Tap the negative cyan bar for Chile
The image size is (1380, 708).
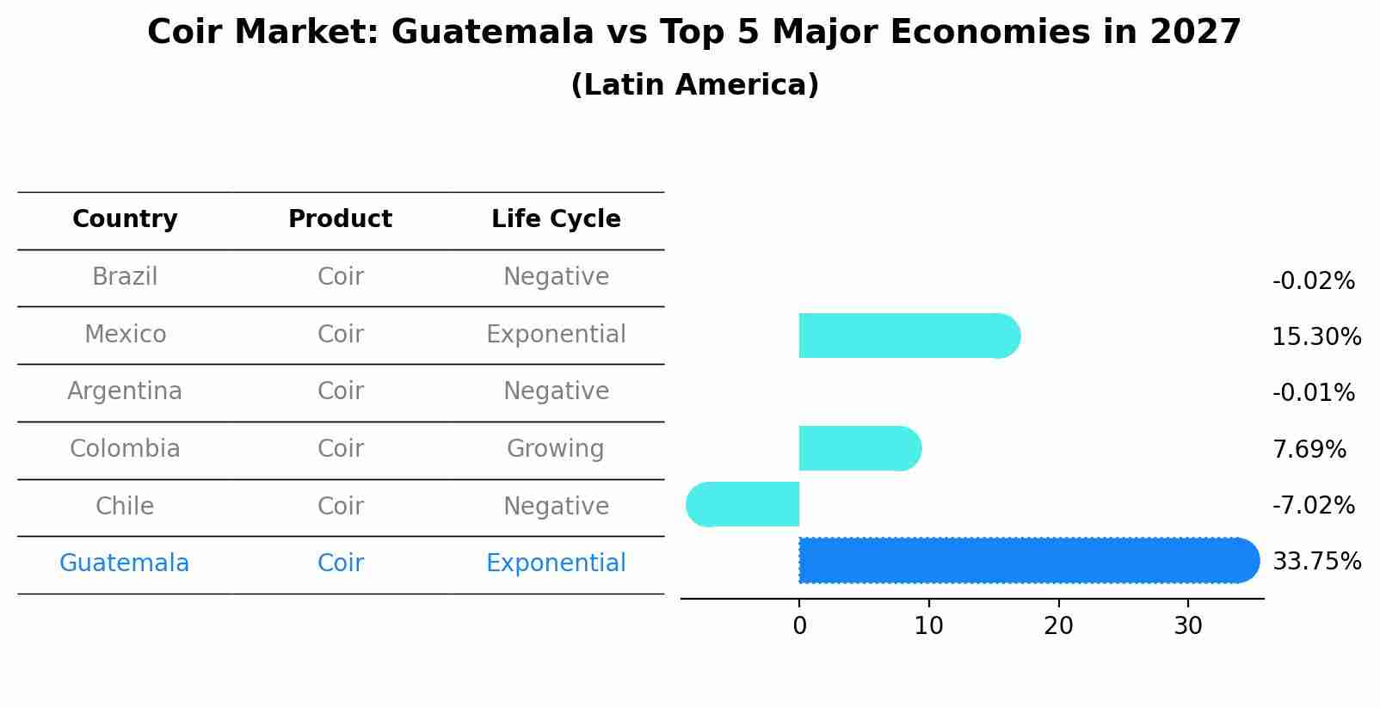pyautogui.click(x=744, y=505)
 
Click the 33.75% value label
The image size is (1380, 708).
pyautogui.click(x=1315, y=562)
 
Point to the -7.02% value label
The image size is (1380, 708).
pyautogui.click(x=1313, y=506)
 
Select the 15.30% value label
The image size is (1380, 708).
pyautogui.click(x=1315, y=337)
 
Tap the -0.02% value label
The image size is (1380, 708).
pyautogui.click(x=1313, y=281)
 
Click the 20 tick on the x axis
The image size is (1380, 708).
pyautogui.click(x=1058, y=626)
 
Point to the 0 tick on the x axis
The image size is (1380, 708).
pyautogui.click(x=799, y=626)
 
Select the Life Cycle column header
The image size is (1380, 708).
pyautogui.click(x=556, y=219)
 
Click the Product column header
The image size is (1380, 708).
pyautogui.click(x=340, y=219)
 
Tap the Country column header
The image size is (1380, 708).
pyautogui.click(x=125, y=219)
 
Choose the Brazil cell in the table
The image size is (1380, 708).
pyautogui.click(x=125, y=277)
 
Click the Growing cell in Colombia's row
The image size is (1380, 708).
pyautogui.click(x=556, y=449)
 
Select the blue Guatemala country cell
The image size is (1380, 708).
pyautogui.click(x=125, y=563)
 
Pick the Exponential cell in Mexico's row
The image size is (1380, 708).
pyautogui.click(x=556, y=335)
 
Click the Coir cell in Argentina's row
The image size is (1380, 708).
pyautogui.click(x=340, y=391)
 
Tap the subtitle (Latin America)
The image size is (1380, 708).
pyautogui.click(x=694, y=85)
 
